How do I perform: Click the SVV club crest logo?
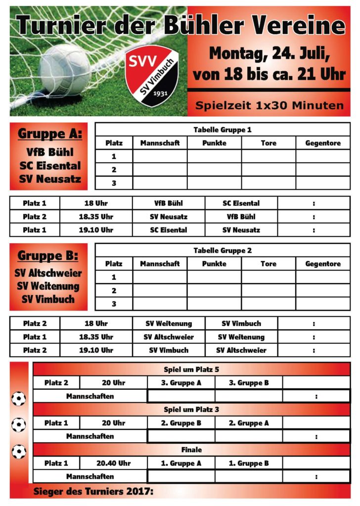(x=152, y=75)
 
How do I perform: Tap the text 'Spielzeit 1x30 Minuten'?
(x=269, y=105)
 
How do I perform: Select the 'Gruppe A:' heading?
(x=50, y=134)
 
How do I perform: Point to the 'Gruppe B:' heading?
(x=48, y=255)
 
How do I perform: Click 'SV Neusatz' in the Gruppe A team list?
(x=50, y=179)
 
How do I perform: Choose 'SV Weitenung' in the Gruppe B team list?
(x=47, y=286)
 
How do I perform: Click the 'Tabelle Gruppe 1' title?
(x=223, y=130)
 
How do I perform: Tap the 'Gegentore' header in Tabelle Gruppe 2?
(x=323, y=264)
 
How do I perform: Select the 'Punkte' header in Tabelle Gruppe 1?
(x=214, y=143)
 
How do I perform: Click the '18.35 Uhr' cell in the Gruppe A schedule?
(x=96, y=216)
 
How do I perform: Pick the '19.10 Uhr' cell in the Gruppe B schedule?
(x=96, y=350)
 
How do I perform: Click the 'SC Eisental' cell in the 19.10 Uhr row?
(x=169, y=230)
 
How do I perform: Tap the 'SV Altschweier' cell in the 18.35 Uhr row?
(x=169, y=337)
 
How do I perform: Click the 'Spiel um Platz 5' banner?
(x=191, y=370)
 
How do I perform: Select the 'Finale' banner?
(x=191, y=450)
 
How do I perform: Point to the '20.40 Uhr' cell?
(x=113, y=464)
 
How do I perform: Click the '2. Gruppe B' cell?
(x=181, y=423)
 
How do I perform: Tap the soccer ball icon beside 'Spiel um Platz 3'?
(x=19, y=424)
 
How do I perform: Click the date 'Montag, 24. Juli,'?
(x=269, y=53)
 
